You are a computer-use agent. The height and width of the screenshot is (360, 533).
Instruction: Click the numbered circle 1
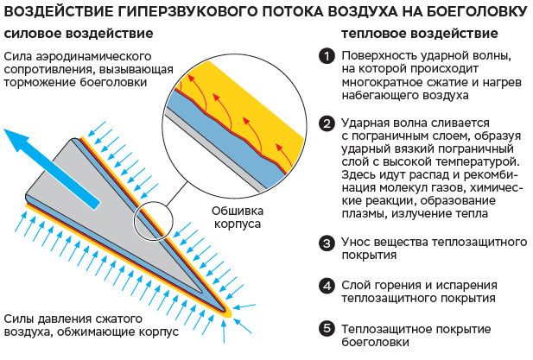point(326,56)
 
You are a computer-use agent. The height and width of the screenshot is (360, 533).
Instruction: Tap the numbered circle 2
point(326,123)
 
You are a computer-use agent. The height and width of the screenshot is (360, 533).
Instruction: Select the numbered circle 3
point(326,243)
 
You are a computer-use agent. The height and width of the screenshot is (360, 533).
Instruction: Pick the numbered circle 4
point(326,285)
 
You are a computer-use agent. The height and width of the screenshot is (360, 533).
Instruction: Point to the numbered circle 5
point(326,329)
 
